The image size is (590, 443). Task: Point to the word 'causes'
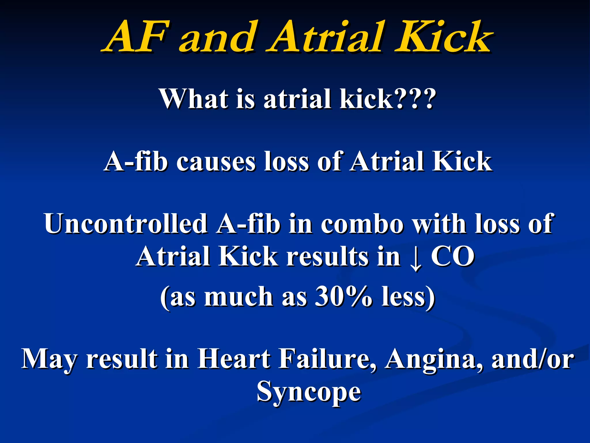tap(216, 162)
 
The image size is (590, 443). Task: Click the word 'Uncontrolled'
tap(126, 224)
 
